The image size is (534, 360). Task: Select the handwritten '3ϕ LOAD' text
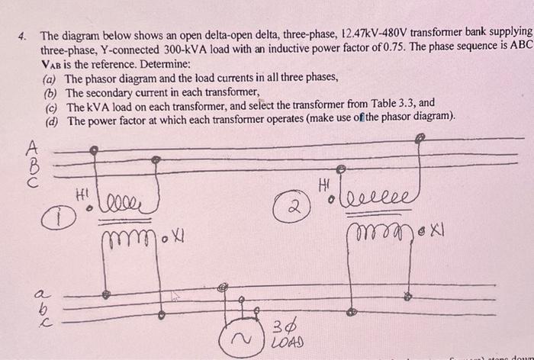(285, 335)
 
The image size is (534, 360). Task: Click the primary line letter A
(32, 145)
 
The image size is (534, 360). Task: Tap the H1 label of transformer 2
(326, 185)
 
